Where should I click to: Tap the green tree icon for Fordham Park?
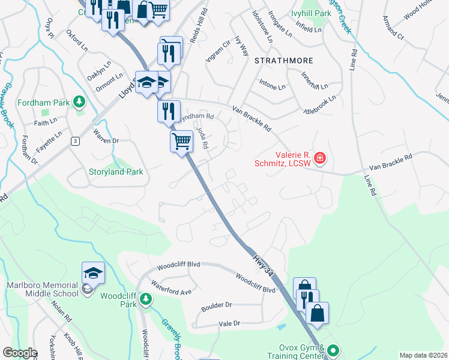[78, 102]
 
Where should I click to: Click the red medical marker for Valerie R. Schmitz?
[320, 158]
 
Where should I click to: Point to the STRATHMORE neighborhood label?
[280, 61]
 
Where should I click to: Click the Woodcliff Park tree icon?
[145, 298]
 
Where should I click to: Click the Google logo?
[20, 353]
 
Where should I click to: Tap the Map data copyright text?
[423, 355]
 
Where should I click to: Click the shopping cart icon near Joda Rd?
[181, 142]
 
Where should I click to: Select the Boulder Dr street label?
[216, 305]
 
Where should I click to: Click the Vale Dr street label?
[229, 323]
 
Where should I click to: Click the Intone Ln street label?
[272, 87]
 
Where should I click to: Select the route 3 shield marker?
[75, 141]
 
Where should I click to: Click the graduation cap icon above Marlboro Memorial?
[94, 273]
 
